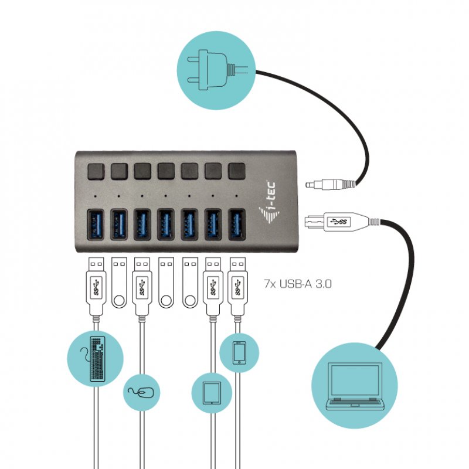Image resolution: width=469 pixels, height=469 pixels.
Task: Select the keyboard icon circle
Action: (96, 358)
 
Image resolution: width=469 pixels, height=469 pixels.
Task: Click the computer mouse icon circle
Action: (141, 392)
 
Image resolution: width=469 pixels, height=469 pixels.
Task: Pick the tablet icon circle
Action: (212, 392)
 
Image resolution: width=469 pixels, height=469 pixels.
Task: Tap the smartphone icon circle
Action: (239, 353)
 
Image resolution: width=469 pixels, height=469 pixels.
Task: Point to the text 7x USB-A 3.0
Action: (298, 284)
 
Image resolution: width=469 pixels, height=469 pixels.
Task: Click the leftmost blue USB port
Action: (96, 225)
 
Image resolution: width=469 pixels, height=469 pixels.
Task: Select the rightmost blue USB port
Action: (237, 225)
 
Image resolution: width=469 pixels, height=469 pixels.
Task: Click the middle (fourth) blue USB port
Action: (166, 225)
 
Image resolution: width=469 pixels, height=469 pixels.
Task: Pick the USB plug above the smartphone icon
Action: (237, 284)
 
